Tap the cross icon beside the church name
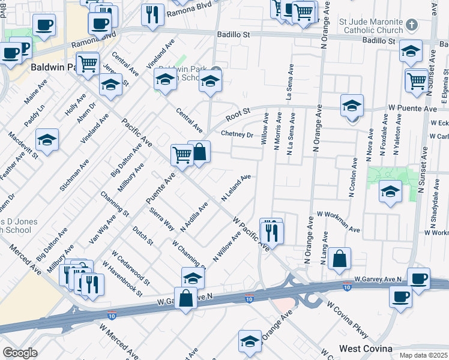[411, 25]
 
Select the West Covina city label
[366, 349]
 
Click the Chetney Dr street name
[237, 134]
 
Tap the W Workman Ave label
[339, 221]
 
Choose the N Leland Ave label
[235, 188]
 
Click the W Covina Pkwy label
[347, 320]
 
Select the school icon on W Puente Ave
[352, 106]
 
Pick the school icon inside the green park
[390, 192]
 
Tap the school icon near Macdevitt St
[47, 140]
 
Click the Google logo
[20, 353]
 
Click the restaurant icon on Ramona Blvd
[152, 14]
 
